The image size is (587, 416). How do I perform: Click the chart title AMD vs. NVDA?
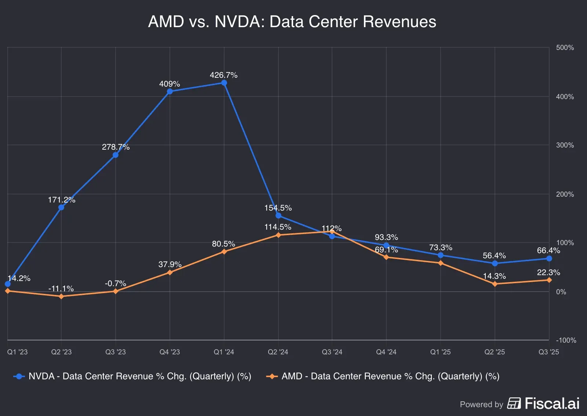[292, 21]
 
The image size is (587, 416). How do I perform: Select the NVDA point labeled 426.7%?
[224, 83]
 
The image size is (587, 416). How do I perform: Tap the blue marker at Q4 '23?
[169, 91]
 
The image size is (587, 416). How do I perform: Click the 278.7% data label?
[116, 147]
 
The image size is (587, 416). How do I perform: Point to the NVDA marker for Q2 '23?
[61, 207]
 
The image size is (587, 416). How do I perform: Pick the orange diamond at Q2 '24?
[278, 235]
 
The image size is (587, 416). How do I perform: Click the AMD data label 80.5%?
[223, 244]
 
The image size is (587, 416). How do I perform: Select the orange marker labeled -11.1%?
[61, 296]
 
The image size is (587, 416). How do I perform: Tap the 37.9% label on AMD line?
[170, 264]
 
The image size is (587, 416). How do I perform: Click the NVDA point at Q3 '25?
[549, 259]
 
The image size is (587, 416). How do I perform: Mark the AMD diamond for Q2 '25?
[495, 284]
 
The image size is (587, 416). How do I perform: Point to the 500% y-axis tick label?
[565, 48]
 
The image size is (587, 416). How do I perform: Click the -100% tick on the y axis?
[566, 340]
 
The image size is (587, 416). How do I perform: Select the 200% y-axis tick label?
[565, 194]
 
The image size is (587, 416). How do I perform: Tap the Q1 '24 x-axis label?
[224, 352]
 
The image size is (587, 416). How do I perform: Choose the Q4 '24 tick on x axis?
[386, 352]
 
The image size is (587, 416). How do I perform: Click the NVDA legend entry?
[132, 376]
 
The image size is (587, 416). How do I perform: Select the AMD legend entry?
[383, 376]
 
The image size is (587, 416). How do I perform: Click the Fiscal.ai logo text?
[552, 404]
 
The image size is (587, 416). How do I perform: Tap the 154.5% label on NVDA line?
[278, 208]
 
